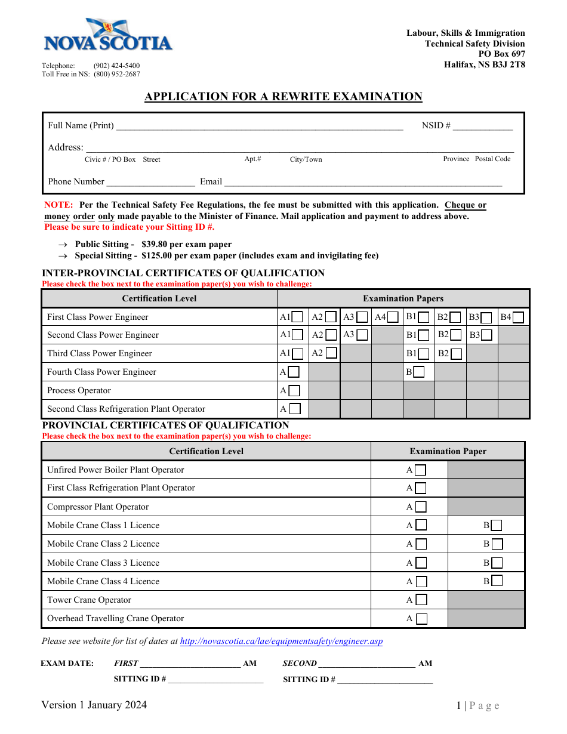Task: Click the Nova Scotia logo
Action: (108, 36)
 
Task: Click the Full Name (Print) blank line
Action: (260, 126)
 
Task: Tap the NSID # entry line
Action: (483, 126)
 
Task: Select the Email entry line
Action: (363, 182)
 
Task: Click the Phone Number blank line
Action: (150, 182)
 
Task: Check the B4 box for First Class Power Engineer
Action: (518, 317)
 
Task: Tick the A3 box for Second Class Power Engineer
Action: (362, 335)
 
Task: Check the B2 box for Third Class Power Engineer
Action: (457, 354)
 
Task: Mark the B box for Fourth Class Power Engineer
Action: (418, 372)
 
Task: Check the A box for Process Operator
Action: (294, 391)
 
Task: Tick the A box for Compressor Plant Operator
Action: (421, 507)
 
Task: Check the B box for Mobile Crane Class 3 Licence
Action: (497, 563)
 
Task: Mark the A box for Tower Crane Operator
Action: (421, 600)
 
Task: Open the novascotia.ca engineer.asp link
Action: (281, 642)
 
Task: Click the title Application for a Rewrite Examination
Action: (283, 97)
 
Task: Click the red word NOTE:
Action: (58, 205)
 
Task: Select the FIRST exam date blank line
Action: (190, 664)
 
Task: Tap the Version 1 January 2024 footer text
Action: (94, 705)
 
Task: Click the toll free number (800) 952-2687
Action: (117, 74)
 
